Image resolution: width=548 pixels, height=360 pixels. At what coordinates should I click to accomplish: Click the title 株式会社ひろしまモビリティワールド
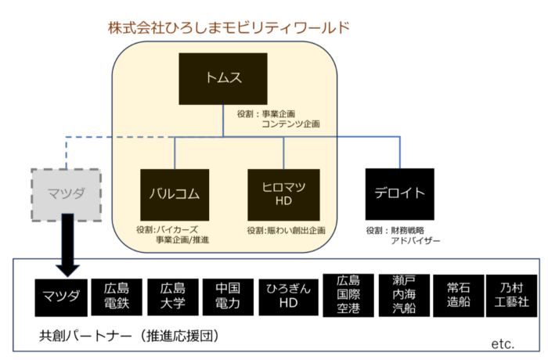[x=228, y=28]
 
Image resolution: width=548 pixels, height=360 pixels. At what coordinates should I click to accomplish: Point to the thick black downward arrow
[x=66, y=247]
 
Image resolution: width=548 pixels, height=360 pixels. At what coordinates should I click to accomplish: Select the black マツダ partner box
[x=62, y=297]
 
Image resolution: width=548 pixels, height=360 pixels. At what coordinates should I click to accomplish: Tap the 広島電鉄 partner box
[x=116, y=297]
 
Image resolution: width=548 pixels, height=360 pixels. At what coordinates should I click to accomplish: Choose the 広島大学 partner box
[x=172, y=297]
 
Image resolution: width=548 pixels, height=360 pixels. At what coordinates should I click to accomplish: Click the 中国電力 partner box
[x=228, y=297]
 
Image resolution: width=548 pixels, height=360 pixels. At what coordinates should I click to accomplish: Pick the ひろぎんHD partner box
[x=286, y=297]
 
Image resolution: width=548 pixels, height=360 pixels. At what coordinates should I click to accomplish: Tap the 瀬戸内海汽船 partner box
[x=402, y=296]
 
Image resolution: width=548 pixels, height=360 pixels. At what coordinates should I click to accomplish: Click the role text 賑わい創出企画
[x=298, y=231]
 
